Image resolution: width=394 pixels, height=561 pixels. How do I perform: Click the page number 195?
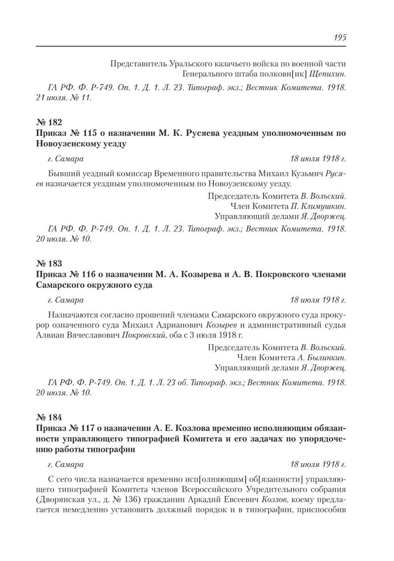click(x=339, y=37)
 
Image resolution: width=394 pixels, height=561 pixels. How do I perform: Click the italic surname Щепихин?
click(x=328, y=74)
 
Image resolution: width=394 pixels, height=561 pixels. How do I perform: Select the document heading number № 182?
click(x=49, y=122)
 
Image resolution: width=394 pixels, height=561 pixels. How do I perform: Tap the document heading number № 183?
click(x=49, y=263)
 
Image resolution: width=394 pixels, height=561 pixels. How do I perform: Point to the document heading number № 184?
click(x=49, y=418)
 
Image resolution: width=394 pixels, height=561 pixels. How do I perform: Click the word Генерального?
click(x=206, y=74)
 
